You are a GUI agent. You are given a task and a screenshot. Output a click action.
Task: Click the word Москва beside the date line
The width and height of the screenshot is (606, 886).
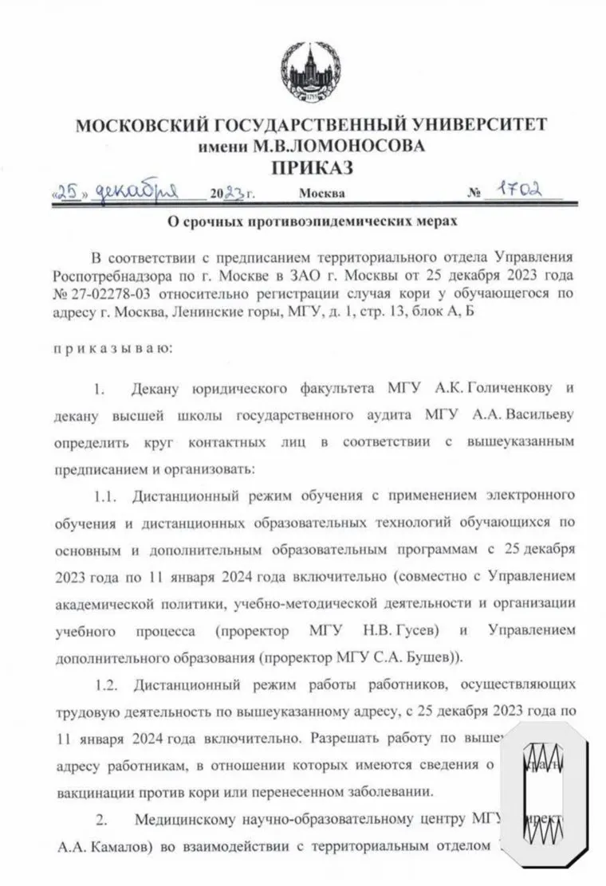click(x=322, y=194)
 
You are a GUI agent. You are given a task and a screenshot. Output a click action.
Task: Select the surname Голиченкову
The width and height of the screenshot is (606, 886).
click(x=496, y=390)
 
